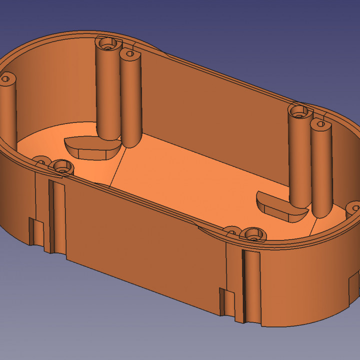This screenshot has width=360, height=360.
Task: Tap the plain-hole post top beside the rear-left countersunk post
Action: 129,53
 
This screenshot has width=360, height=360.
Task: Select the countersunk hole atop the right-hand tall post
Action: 299,112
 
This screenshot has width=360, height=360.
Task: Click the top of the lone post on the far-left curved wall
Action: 7,78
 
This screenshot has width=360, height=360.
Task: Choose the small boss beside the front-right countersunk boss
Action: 232,230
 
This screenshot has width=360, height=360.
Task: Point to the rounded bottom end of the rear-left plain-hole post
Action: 129,142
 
